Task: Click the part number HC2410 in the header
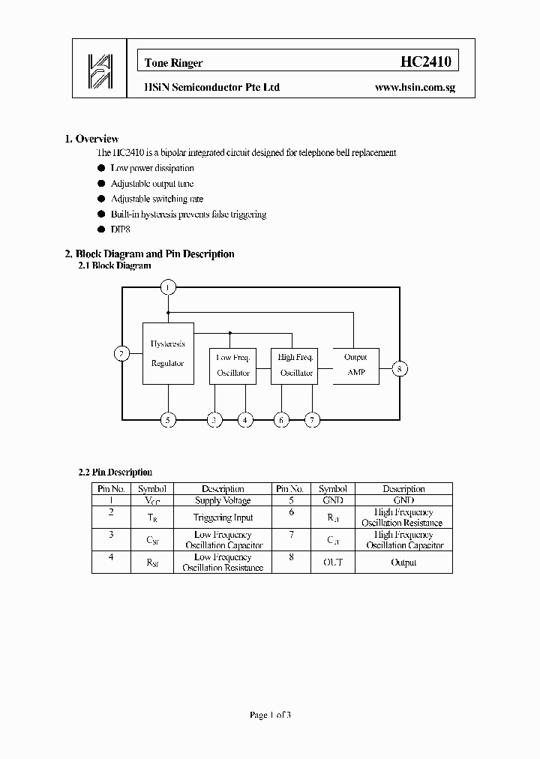[x=425, y=62]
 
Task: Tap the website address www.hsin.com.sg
[x=415, y=88]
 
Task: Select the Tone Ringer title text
[x=173, y=64]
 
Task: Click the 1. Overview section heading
[x=91, y=139]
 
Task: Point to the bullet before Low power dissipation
[x=101, y=169]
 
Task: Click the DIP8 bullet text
[x=121, y=230]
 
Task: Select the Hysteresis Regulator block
[x=168, y=353]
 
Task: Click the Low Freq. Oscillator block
[x=233, y=365]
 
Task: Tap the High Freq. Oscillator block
[x=295, y=365]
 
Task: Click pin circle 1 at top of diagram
[x=168, y=287]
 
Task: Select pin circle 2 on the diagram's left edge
[x=121, y=353]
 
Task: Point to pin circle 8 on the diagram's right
[x=400, y=368]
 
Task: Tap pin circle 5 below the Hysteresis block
[x=168, y=420]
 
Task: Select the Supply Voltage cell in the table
[x=223, y=500]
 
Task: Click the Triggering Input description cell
[x=223, y=517]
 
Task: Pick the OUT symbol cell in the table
[x=332, y=562]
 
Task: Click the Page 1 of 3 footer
[x=270, y=715]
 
